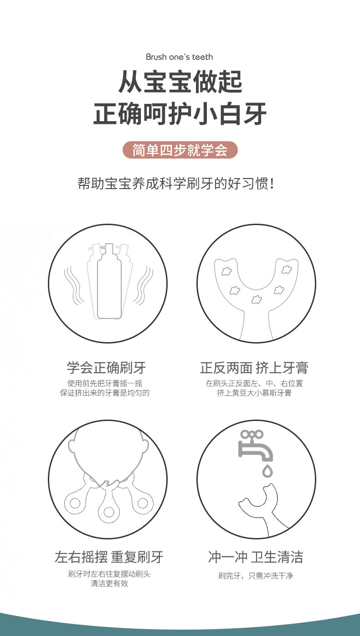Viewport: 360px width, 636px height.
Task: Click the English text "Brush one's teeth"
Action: pyautogui.click(x=179, y=57)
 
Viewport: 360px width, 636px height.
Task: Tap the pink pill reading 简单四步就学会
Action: pyautogui.click(x=180, y=150)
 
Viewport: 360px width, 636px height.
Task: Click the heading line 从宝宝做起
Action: pyautogui.click(x=180, y=82)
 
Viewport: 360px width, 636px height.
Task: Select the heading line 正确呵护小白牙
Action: pyautogui.click(x=180, y=114)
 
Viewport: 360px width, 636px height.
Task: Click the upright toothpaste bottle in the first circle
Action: pyautogui.click(x=109, y=282)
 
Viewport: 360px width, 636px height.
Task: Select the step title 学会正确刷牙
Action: pyautogui.click(x=106, y=368)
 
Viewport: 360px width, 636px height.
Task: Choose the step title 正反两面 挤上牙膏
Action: pyautogui.click(x=254, y=368)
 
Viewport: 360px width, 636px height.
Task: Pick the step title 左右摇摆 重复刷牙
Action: pyautogui.click(x=109, y=557)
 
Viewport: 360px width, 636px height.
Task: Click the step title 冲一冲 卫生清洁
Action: pyautogui.click(x=255, y=557)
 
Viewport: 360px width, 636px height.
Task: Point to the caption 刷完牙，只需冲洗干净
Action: pyautogui.click(x=255, y=576)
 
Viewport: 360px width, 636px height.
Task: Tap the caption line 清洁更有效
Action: pyautogui.click(x=109, y=584)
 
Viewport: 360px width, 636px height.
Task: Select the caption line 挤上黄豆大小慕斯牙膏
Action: pyautogui.click(x=254, y=393)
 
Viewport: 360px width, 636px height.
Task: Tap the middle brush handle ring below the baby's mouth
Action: pyautogui.click(x=109, y=511)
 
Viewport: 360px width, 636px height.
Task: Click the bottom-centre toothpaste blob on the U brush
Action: pyautogui.click(x=257, y=300)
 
